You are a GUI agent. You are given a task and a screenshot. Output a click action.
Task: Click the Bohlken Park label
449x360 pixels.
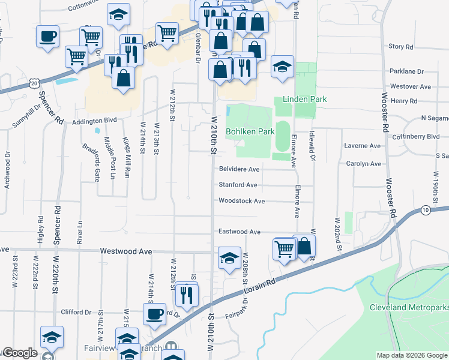(250, 131)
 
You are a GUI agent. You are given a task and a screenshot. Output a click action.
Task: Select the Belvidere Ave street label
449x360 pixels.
(239, 169)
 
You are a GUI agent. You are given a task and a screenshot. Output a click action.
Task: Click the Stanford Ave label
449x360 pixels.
(238, 185)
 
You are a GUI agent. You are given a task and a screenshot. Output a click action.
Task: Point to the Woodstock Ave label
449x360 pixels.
(241, 201)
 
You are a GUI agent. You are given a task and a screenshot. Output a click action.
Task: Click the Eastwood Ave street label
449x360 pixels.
(239, 232)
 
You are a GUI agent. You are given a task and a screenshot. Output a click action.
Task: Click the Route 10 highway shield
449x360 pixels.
(425, 210)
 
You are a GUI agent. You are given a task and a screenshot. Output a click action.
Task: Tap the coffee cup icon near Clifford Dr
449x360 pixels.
(154, 313)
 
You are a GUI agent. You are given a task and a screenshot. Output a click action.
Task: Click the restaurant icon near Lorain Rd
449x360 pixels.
(186, 294)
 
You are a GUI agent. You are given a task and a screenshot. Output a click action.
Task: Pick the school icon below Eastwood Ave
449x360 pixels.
(229, 257)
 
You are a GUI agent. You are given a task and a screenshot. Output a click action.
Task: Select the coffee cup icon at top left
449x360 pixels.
(47, 36)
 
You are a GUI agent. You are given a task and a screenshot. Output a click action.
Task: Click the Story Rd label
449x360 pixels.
(401, 46)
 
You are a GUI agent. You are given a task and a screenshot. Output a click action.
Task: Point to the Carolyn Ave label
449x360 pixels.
(364, 163)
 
